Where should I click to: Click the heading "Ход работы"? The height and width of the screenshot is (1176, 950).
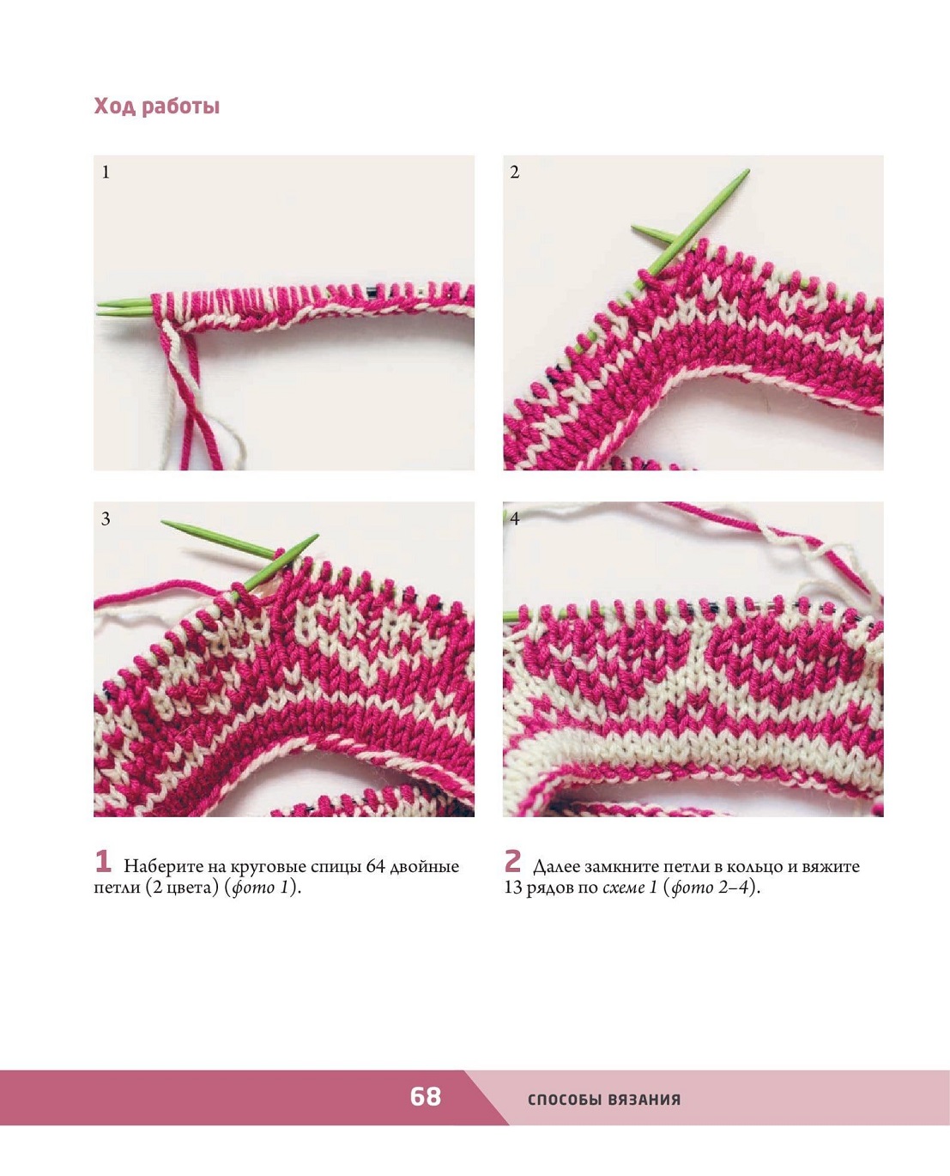tap(157, 106)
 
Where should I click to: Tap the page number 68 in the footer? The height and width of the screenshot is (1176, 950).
tap(425, 1096)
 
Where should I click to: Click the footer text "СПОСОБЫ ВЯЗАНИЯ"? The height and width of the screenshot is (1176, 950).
tap(604, 1099)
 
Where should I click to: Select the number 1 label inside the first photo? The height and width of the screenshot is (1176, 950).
tap(106, 173)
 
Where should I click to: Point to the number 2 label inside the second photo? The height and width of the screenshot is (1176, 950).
tap(514, 173)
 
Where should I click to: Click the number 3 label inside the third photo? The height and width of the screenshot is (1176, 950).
tap(106, 519)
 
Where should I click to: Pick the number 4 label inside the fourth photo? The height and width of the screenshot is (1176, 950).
tap(515, 519)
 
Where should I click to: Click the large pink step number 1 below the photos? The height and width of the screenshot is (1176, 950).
tap(103, 862)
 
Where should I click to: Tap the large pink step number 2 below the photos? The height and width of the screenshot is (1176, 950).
tap(513, 861)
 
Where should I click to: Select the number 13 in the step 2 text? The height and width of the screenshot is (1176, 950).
tap(512, 888)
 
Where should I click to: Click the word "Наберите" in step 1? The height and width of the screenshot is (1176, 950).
tap(159, 867)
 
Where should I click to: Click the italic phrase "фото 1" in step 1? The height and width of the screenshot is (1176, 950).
tap(261, 888)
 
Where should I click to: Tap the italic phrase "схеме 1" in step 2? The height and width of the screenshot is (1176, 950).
tap(630, 888)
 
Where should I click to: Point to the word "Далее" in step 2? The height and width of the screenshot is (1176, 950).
tap(556, 867)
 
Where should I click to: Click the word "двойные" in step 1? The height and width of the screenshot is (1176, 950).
tap(425, 867)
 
